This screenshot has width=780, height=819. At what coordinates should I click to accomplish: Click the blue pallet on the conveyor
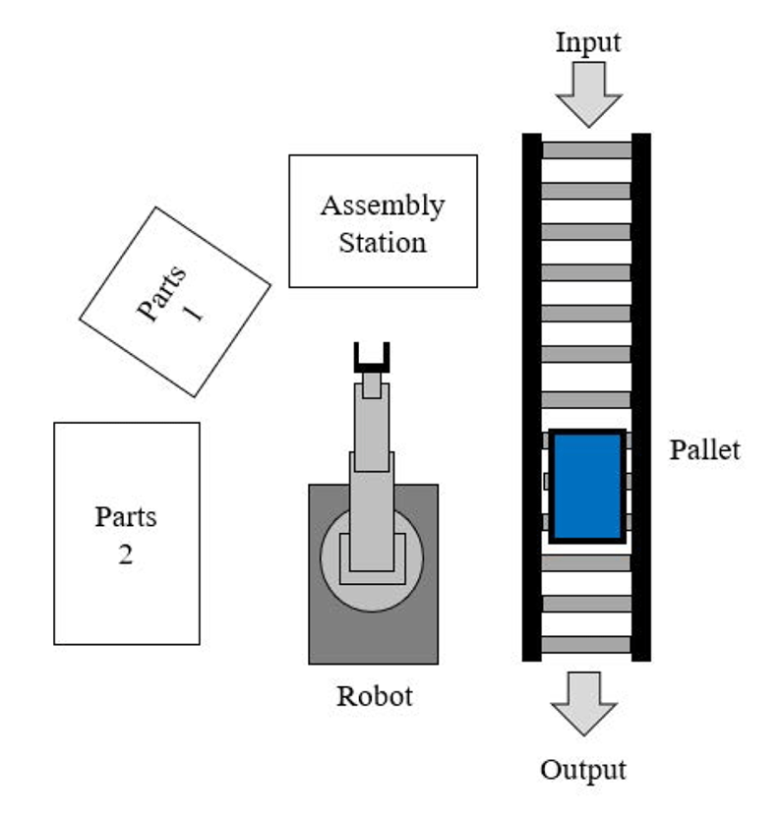click(587, 486)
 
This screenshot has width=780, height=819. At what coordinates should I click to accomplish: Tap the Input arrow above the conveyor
click(588, 95)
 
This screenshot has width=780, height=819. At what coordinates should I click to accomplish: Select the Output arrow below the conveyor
click(583, 703)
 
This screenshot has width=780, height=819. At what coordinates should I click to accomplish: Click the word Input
click(588, 43)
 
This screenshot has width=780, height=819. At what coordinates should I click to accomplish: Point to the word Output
click(582, 769)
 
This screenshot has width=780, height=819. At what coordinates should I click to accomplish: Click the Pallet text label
click(704, 450)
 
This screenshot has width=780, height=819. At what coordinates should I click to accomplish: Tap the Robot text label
click(374, 696)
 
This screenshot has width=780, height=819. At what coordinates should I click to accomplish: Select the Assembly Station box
click(383, 221)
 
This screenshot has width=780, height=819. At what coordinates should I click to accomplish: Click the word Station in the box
click(383, 242)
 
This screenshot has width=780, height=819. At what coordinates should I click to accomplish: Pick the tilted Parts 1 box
click(174, 301)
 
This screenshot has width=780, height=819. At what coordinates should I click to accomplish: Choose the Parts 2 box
click(127, 534)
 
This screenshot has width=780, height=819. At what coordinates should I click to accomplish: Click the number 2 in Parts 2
click(126, 555)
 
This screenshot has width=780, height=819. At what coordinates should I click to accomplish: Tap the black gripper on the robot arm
click(371, 356)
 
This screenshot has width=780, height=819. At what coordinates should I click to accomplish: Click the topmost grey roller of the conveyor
click(586, 150)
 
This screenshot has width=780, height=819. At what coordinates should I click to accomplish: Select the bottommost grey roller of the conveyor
click(586, 644)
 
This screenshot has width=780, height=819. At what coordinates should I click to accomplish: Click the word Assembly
click(383, 205)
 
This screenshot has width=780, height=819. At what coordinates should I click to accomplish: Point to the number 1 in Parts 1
click(193, 314)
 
